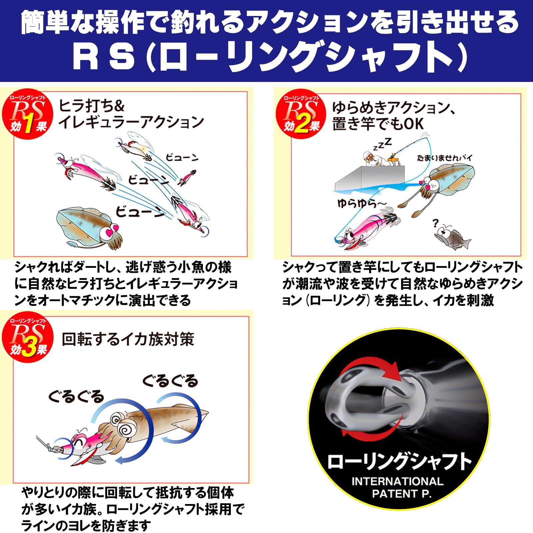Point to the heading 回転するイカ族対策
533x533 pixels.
(x=128, y=339)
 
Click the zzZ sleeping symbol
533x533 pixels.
(x=382, y=144)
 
